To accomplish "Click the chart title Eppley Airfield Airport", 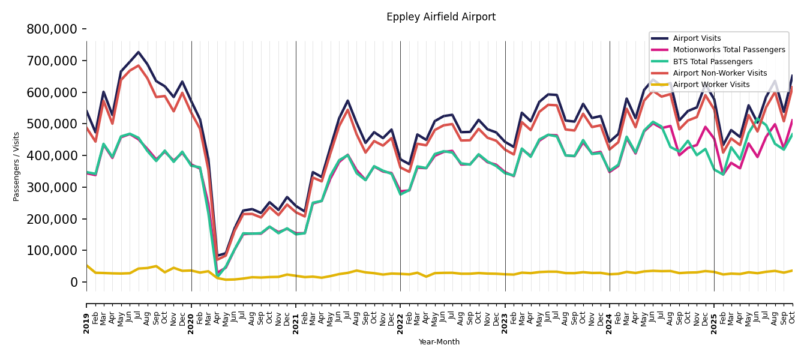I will [441, 17].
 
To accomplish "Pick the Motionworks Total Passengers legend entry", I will [728, 50].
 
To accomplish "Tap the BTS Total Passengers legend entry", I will [712, 62].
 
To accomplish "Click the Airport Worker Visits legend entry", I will [711, 85].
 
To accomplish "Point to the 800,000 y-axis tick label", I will [52, 29].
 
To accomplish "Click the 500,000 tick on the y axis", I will [52, 124].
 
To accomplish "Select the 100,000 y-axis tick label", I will [52, 251].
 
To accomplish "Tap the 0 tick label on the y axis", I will [74, 283].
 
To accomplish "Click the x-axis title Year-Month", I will [439, 342].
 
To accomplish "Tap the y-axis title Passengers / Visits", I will [17, 166].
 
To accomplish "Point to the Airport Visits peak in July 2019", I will [139, 52].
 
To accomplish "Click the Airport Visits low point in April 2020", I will [217, 256].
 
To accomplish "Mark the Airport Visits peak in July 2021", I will [348, 101].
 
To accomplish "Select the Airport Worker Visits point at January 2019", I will [86, 265].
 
